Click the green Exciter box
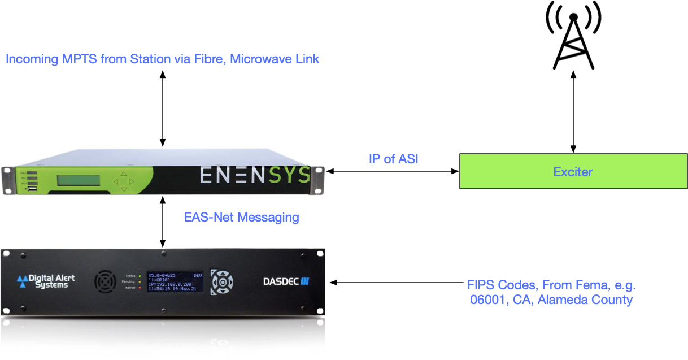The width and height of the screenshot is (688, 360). click(573, 171)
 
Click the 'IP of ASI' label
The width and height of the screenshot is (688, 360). click(394, 159)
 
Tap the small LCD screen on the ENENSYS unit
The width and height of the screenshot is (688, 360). click(78, 180)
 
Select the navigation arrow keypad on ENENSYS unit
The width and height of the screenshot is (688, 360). click(124, 181)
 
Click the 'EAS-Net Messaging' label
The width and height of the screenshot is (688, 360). click(242, 217)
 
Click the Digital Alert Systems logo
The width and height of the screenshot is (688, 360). click(45, 281)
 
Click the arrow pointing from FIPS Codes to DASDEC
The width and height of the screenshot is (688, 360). click(395, 281)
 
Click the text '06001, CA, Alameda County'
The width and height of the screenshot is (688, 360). click(551, 300)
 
